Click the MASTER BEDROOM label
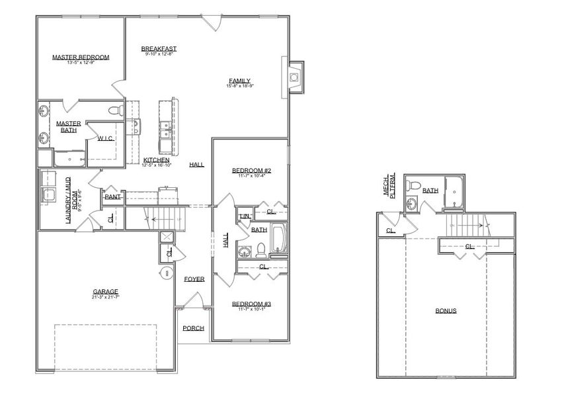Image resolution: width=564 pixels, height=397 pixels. pos(81,58)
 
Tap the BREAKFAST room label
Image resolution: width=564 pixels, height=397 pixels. pos(159,49)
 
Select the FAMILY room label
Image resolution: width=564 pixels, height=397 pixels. pos(240,81)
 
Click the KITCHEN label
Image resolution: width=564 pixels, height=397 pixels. pos(157,160)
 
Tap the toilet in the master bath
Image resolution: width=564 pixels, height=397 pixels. pos(113,109)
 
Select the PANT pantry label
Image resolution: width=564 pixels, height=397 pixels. pos(112,197)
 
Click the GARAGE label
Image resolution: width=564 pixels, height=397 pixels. pos(106,291)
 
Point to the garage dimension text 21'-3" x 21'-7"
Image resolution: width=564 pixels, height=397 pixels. pos(106,297)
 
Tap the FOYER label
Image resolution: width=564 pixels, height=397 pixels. pos(194,279)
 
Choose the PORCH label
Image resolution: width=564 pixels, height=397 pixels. pos(193,328)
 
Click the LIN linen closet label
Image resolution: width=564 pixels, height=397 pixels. pos(244,216)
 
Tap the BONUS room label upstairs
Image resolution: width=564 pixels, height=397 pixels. pos(446,310)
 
